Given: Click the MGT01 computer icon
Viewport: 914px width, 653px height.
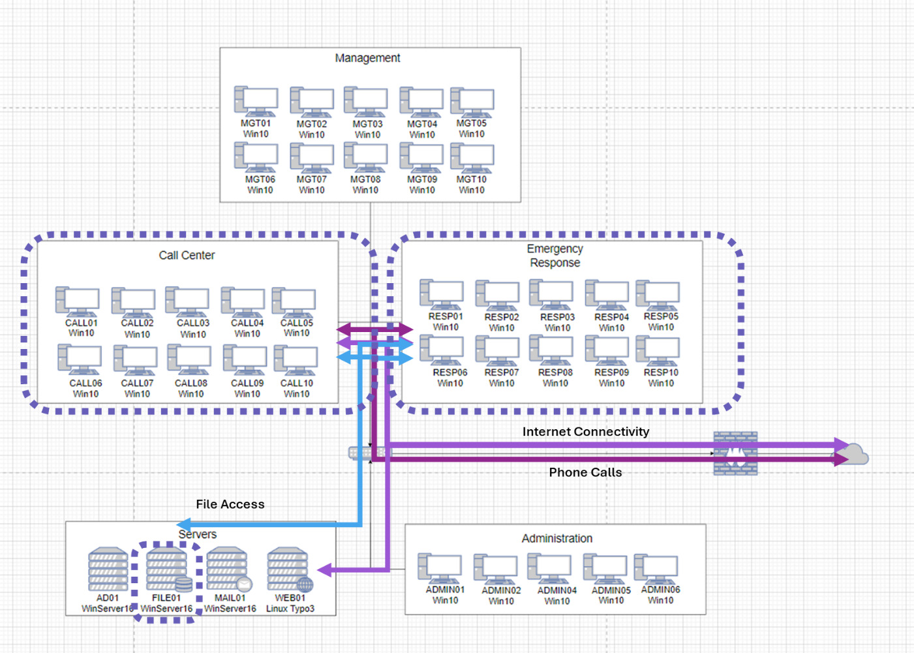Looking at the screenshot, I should (256, 102).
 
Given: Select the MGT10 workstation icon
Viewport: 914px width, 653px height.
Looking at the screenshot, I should (472, 159).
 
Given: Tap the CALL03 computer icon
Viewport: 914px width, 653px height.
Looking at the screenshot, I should (187, 301).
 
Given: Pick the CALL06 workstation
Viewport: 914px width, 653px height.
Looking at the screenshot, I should (80, 359).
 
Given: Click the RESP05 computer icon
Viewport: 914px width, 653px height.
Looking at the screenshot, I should (658, 296).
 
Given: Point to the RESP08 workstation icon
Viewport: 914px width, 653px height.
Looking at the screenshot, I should (551, 351).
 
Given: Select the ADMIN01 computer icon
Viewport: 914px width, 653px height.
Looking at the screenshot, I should (440, 568).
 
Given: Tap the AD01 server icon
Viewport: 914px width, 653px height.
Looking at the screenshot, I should (108, 569).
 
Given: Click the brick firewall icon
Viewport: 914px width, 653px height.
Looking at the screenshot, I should (735, 453).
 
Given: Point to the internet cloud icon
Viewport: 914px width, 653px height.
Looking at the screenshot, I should (853, 453).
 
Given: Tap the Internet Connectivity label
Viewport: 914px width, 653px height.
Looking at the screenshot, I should (585, 432).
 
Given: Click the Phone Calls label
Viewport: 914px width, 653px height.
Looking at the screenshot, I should (585, 472).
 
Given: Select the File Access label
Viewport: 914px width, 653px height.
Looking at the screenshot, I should (230, 504).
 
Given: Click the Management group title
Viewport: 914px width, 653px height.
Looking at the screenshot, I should (367, 58).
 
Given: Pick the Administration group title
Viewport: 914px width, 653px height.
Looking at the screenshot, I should (556, 538).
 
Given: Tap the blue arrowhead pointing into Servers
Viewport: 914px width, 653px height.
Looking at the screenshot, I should (185, 524).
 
